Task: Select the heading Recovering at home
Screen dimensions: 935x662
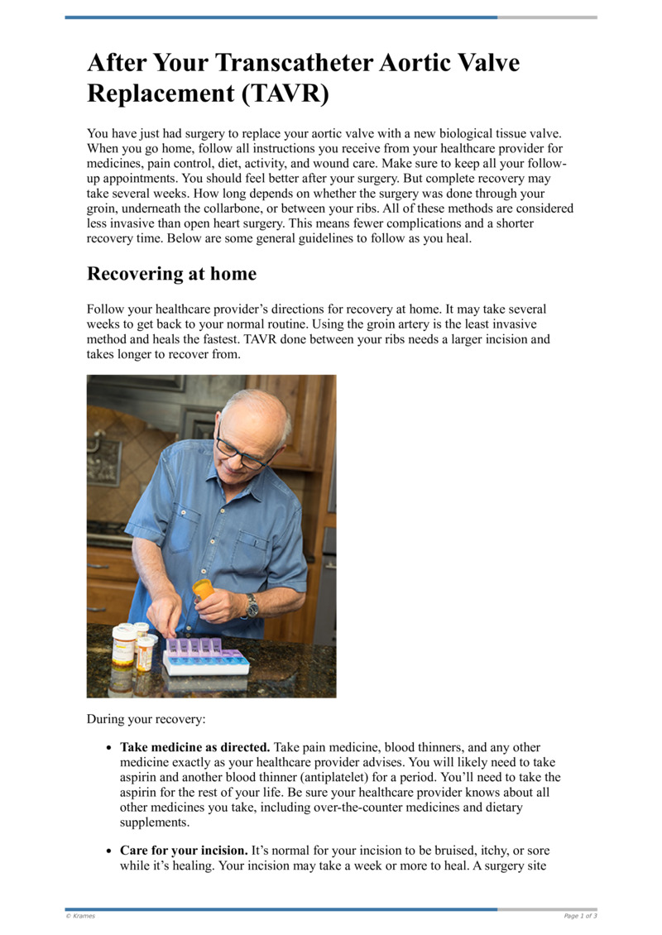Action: coord(171,274)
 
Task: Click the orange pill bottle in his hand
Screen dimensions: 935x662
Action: coord(202,589)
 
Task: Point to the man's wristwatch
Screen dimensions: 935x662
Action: coord(251,606)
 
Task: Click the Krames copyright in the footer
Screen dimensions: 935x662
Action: coord(80,916)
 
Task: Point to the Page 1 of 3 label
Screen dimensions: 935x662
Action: coord(580,916)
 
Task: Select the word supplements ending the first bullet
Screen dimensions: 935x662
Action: coord(155,822)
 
